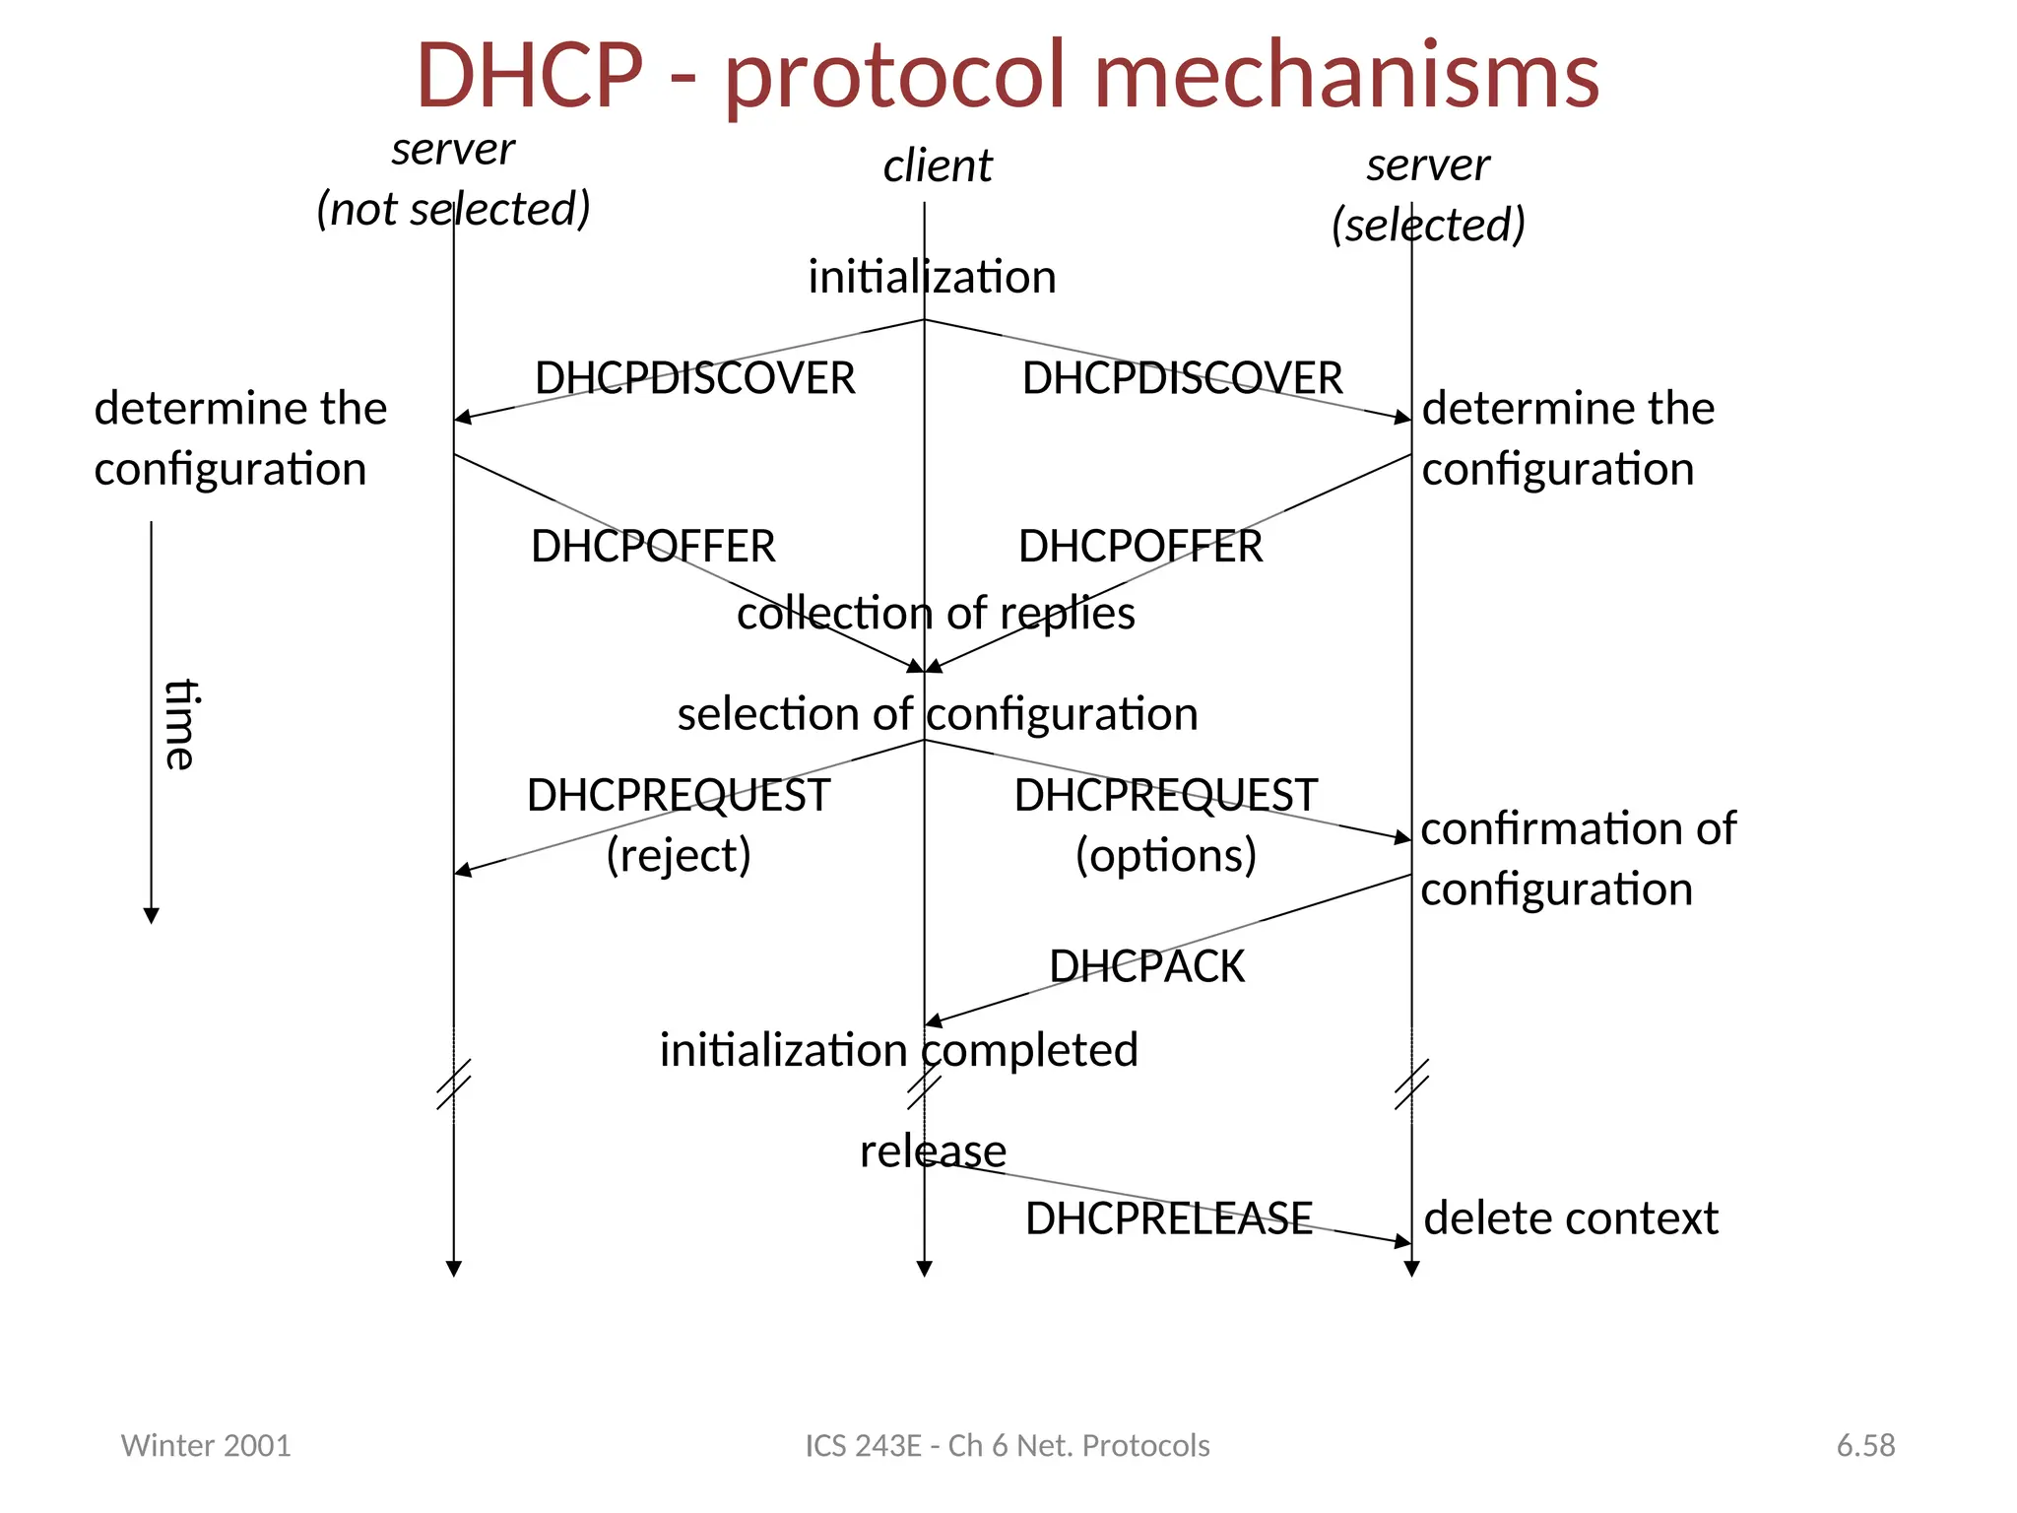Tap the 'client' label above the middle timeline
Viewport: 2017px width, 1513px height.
pyautogui.click(x=937, y=165)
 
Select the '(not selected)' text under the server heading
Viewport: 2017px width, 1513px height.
pyautogui.click(x=453, y=209)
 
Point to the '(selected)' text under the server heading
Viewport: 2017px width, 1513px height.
pyautogui.click(x=1428, y=225)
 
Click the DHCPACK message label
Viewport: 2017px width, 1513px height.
pyautogui.click(x=1146, y=966)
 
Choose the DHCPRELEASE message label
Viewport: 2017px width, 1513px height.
pyautogui.click(x=1168, y=1218)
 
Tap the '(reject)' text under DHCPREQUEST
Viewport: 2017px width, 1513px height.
pyautogui.click(x=679, y=854)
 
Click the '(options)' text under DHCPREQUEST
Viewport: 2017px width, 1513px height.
pyautogui.click(x=1166, y=854)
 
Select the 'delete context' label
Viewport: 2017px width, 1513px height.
pyautogui.click(x=1571, y=1218)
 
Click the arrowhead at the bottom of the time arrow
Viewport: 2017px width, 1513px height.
pyautogui.click(x=151, y=915)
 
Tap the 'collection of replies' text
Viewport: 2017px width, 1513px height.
pyautogui.click(x=936, y=614)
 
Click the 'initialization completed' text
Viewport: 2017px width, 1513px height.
pyautogui.click(x=898, y=1050)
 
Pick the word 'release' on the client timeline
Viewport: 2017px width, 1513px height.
pyautogui.click(x=933, y=1151)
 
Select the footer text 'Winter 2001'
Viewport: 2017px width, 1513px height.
pyautogui.click(x=206, y=1445)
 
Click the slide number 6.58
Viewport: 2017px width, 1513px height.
pyautogui.click(x=1865, y=1445)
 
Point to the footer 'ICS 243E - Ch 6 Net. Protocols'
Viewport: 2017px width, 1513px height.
pyautogui.click(x=1008, y=1445)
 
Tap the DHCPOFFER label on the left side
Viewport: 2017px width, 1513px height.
pyautogui.click(x=653, y=547)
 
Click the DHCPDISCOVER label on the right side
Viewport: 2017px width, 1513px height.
pyautogui.click(x=1182, y=378)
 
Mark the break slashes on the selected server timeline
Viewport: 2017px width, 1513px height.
pyautogui.click(x=1411, y=1085)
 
